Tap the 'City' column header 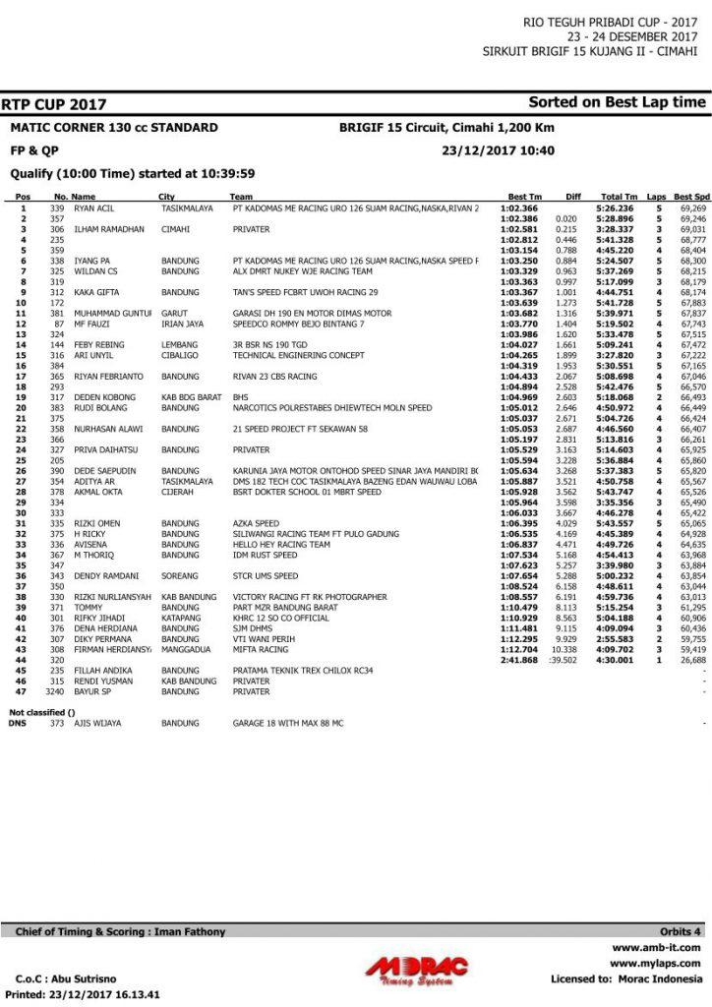[167, 197]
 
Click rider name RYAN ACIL [94, 208]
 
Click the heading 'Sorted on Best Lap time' [617, 102]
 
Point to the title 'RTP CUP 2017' [54, 104]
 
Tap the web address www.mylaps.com [655, 964]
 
